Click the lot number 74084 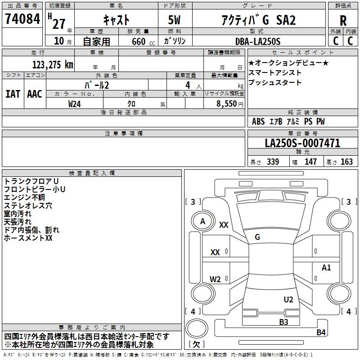coord(22,19)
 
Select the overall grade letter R coord(343,21)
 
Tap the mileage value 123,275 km coord(53,65)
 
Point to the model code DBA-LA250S coord(258,41)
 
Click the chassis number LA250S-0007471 coord(302,143)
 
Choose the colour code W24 coord(74,104)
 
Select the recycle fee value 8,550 coord(226,104)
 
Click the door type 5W coord(174,20)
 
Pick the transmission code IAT coord(13,94)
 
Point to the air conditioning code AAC coord(35,94)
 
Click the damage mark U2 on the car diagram coord(288,300)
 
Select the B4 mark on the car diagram coord(321,332)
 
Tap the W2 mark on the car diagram coord(215,279)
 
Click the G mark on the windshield coord(257,237)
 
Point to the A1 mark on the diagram coord(326,267)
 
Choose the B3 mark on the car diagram coord(283,322)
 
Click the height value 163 coord(346,162)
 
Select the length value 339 coord(273,162)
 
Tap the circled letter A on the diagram coord(202,221)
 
